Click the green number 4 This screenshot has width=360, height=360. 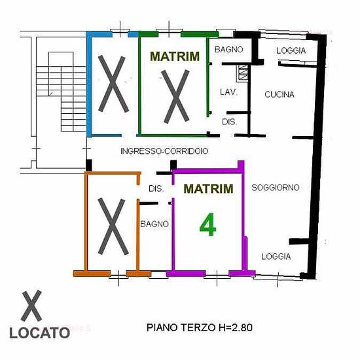point(207,225)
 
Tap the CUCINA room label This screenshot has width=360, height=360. point(279,94)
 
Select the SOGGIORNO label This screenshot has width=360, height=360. point(276,188)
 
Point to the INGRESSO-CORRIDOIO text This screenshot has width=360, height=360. point(164,151)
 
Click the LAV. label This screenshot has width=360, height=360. point(228,92)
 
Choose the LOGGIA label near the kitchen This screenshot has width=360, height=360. point(291,50)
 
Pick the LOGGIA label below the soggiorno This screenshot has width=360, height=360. point(276,257)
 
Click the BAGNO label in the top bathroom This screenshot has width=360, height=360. point(228,49)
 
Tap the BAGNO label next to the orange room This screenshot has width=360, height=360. point(154,224)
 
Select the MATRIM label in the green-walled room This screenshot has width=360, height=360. point(175,56)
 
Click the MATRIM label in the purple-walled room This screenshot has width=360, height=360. point(208,189)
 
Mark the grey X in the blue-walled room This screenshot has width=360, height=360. point(113,84)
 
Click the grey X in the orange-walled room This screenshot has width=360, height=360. point(113,226)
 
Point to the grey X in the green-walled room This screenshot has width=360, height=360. point(176,96)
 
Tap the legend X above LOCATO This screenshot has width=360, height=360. point(31,306)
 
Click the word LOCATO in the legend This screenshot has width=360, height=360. point(40,333)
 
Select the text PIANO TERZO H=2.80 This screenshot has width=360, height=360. point(200,327)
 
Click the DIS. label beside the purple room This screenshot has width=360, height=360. point(156,189)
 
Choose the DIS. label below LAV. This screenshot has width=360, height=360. point(229,122)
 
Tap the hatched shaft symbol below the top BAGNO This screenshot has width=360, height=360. point(243,73)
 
